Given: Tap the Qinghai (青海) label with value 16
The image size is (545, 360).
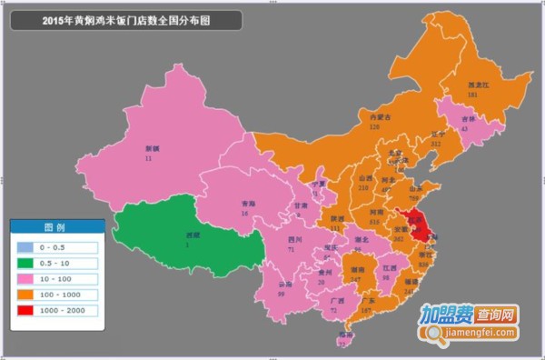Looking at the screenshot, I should pyautogui.click(x=243, y=208).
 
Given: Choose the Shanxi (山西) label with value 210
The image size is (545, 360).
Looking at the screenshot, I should pyautogui.click(x=366, y=183).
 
